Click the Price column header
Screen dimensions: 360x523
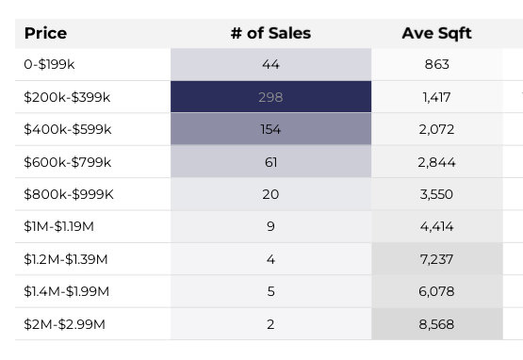(45, 34)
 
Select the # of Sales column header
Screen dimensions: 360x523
(270, 34)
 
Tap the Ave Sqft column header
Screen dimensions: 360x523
(436, 34)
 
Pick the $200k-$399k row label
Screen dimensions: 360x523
(67, 97)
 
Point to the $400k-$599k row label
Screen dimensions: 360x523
(68, 130)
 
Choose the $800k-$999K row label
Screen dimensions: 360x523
(69, 194)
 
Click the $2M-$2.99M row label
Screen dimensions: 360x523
(64, 323)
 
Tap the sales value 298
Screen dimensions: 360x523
(270, 97)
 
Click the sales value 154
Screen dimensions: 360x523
(270, 130)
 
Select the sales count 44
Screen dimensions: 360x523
(270, 65)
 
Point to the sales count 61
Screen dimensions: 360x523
(270, 162)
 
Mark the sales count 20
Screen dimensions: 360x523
(270, 194)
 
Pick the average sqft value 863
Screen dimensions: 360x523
(436, 65)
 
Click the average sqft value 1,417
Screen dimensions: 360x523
(436, 97)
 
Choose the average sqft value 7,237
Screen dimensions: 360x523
(436, 259)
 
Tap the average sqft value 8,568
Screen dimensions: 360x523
(436, 323)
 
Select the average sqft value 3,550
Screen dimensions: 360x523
(436, 194)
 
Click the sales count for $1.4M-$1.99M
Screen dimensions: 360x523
(270, 291)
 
